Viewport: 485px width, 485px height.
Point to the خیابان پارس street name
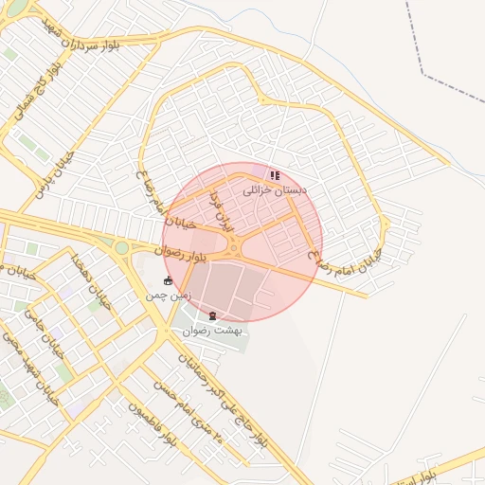(35, 175)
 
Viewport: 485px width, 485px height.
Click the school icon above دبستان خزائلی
(275, 175)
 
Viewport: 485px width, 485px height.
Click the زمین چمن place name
(169, 296)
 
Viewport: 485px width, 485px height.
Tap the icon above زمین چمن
(169, 281)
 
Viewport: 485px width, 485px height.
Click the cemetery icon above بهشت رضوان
(212, 315)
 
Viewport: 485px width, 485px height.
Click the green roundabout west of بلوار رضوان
(121, 248)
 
